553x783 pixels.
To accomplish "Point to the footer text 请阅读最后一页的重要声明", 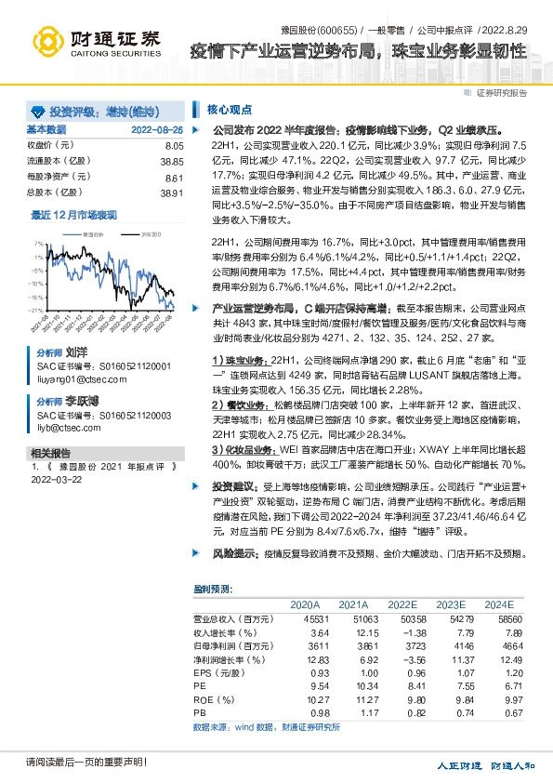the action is click(x=74, y=763).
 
